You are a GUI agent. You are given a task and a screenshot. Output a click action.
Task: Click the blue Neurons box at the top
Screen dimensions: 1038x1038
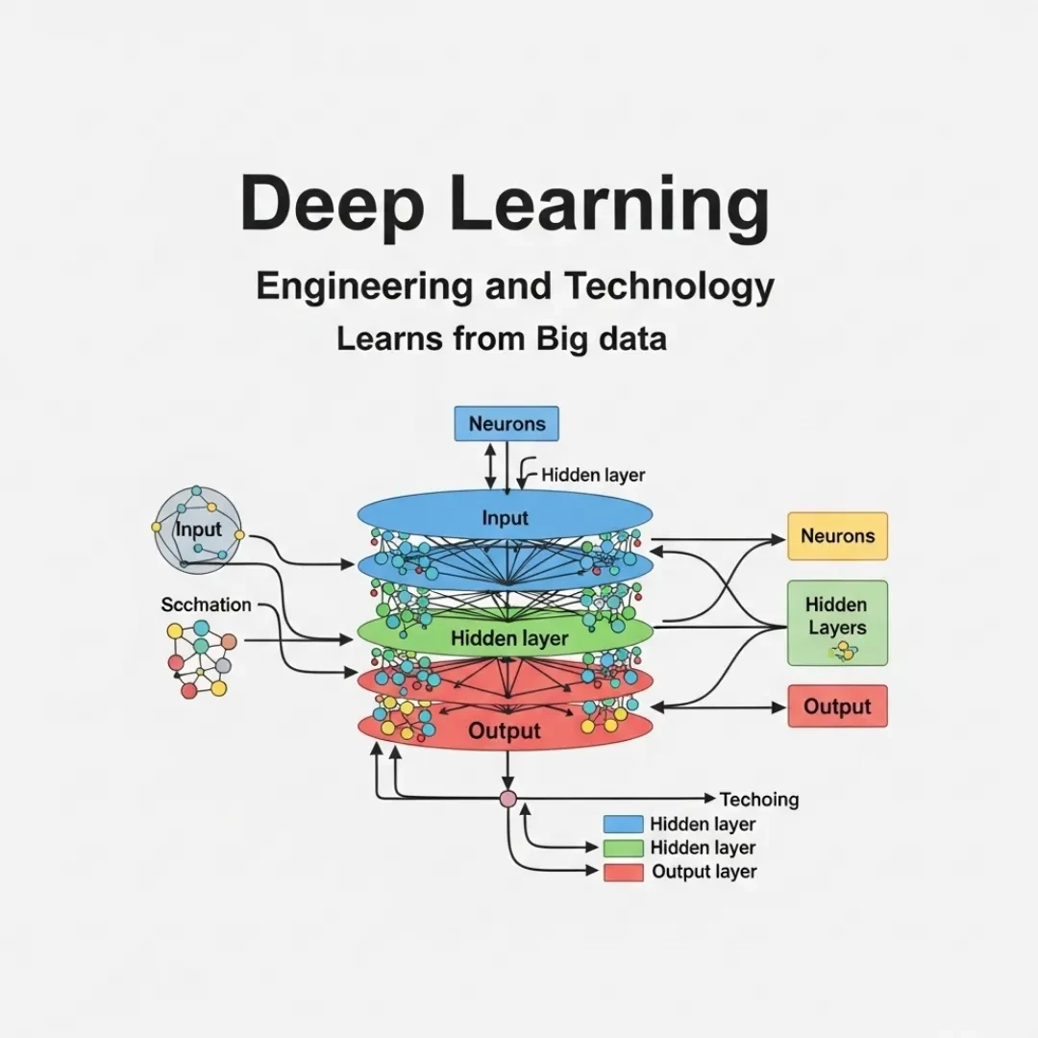click(507, 424)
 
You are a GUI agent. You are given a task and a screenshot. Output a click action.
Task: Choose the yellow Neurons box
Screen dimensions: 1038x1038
click(837, 536)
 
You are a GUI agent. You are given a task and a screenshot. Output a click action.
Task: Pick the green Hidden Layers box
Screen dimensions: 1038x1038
click(837, 623)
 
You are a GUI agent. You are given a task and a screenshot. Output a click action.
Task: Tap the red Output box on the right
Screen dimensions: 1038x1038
click(837, 707)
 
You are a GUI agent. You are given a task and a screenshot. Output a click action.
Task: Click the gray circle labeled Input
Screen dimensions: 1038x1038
click(197, 529)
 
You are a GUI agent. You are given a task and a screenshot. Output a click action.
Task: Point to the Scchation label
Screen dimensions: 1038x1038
click(206, 605)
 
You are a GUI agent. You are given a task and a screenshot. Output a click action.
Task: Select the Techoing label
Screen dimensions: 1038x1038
click(759, 800)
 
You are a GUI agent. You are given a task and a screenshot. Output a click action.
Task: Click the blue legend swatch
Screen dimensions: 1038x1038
click(623, 825)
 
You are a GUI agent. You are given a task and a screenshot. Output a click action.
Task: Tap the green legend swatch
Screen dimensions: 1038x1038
click(623, 849)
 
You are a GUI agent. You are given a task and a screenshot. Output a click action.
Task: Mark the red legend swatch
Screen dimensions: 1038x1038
click(623, 873)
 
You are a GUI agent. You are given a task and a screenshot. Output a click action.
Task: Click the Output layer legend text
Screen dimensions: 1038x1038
click(704, 873)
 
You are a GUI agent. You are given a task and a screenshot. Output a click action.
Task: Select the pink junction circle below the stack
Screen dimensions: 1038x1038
click(507, 799)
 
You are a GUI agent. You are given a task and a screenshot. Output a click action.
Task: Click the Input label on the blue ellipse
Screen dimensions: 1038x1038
click(506, 519)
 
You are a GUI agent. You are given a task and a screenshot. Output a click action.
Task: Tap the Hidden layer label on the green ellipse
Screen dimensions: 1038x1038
click(509, 638)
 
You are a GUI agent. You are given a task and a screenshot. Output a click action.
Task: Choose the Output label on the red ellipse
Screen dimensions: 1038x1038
click(505, 731)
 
